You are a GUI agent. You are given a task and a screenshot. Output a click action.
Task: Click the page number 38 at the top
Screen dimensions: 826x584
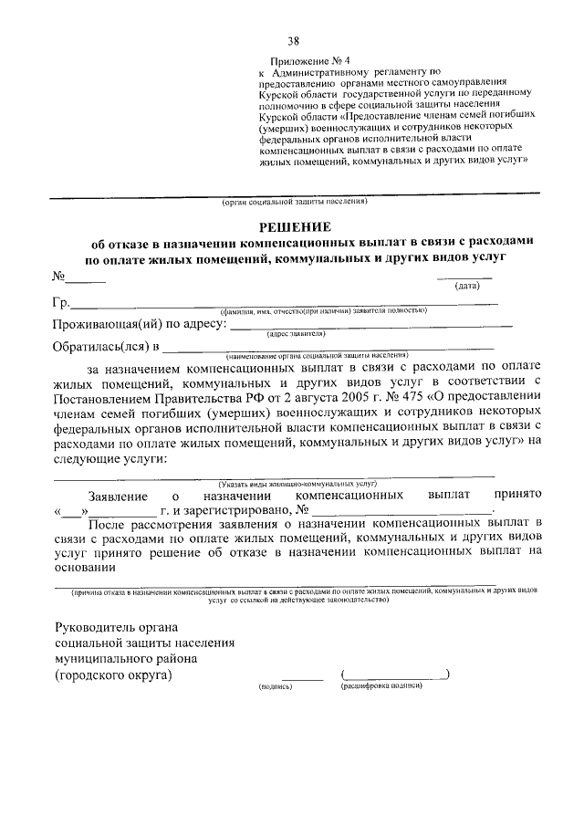(293, 40)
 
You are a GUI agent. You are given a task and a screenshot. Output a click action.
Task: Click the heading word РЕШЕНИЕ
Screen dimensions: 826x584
(293, 226)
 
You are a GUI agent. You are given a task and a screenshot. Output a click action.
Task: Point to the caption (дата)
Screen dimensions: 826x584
(468, 286)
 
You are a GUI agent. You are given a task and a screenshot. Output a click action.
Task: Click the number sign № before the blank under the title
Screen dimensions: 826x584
(60, 277)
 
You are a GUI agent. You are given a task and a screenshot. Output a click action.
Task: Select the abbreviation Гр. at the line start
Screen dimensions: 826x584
(61, 302)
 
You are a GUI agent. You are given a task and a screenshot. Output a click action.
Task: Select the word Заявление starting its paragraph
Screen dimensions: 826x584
(117, 494)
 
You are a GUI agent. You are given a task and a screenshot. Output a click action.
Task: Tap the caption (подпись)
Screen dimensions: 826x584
(275, 685)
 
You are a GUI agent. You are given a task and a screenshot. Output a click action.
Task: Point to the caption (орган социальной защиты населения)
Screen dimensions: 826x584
(294, 201)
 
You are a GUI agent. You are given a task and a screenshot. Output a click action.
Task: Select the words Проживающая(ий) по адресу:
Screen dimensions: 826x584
(139, 324)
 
